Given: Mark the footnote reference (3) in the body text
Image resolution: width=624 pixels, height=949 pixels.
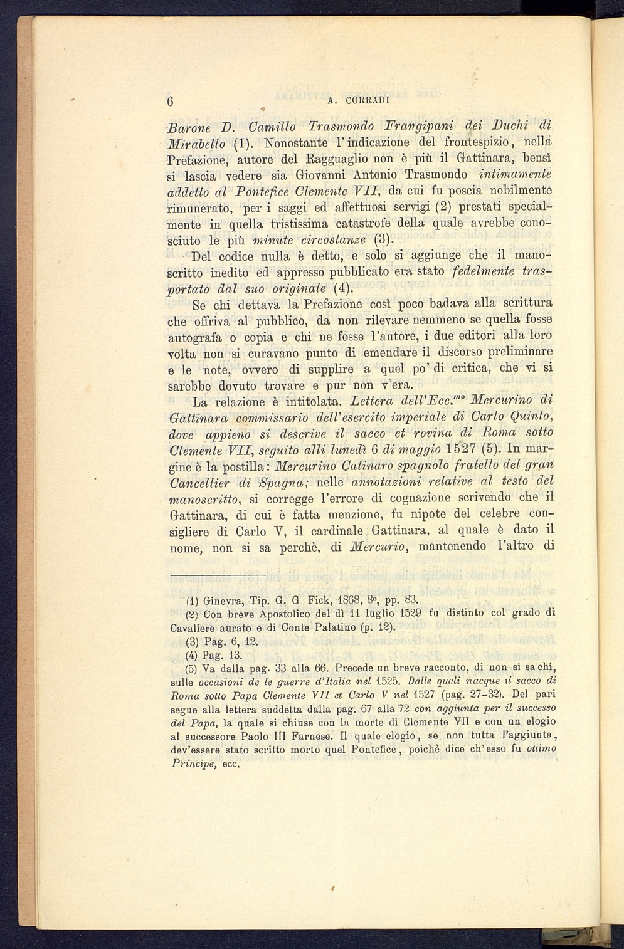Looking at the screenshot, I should pyautogui.click(x=383, y=239).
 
